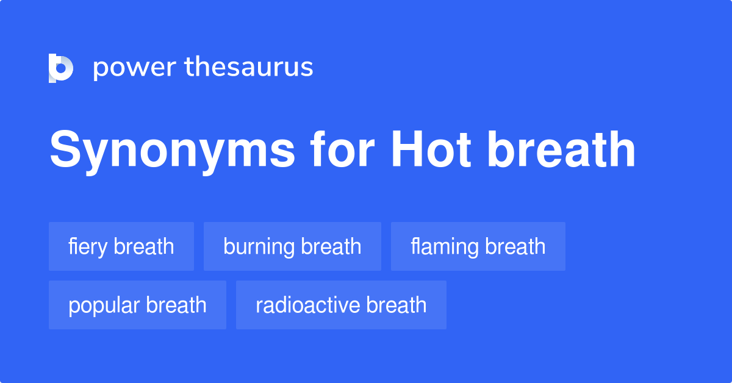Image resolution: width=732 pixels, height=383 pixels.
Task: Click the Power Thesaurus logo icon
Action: point(60,68)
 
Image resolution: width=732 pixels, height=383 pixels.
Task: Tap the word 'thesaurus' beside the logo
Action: point(249,68)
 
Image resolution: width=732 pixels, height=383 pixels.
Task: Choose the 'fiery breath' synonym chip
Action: point(121,246)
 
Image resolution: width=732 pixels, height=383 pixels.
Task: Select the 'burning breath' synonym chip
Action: point(292,246)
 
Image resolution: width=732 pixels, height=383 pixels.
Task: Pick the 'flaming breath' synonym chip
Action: point(478,246)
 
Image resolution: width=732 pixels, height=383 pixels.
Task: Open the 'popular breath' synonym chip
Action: point(137,305)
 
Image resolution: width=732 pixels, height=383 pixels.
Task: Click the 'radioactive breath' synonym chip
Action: point(341,305)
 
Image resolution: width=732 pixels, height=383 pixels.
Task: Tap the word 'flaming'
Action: point(445,247)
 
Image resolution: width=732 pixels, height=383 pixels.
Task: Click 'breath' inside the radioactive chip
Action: point(396,305)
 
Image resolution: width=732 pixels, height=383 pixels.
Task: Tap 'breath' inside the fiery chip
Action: point(144,246)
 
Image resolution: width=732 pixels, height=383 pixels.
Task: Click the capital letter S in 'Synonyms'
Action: point(64,150)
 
